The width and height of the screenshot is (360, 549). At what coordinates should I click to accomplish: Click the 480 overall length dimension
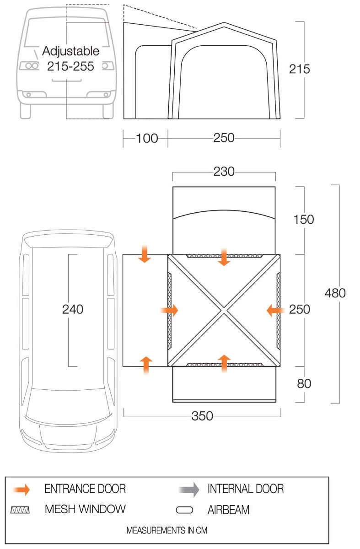coord(335,293)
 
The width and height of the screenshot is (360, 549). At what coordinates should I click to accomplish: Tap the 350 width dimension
coord(202,416)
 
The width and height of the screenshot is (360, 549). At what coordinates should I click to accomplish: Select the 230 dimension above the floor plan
coord(224,172)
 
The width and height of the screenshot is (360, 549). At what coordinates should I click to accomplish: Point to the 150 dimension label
coord(304,220)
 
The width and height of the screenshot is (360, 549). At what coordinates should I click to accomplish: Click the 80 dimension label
coord(304,383)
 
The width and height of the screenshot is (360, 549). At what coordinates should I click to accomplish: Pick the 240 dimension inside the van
coord(73,310)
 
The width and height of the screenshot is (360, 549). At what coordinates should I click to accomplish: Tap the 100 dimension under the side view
coord(146,138)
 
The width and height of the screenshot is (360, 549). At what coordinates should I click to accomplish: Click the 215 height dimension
coord(299,69)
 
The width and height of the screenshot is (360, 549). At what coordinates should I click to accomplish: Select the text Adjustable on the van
coord(70,51)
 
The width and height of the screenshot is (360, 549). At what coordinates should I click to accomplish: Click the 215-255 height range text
coord(70,66)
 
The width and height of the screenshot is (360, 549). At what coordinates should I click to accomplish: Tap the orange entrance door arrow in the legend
coord(22,490)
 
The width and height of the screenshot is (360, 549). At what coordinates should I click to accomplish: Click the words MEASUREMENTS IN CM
coord(167,531)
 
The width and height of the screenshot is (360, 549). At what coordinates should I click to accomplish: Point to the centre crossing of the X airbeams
coord(224,311)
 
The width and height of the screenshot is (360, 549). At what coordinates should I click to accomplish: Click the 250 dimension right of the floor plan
coord(300,310)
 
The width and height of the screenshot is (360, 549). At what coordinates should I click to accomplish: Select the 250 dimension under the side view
coord(224,138)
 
